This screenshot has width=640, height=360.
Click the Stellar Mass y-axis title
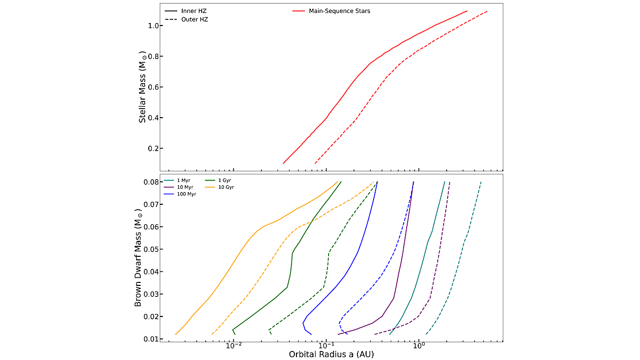point(143,87)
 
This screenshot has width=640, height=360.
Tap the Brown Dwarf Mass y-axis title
point(138,259)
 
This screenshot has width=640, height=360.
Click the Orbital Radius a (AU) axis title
point(331,354)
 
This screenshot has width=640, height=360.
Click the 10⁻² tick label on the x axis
point(234,345)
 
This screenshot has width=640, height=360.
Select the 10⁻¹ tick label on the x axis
point(327,345)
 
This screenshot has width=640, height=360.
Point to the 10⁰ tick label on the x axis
point(419,345)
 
